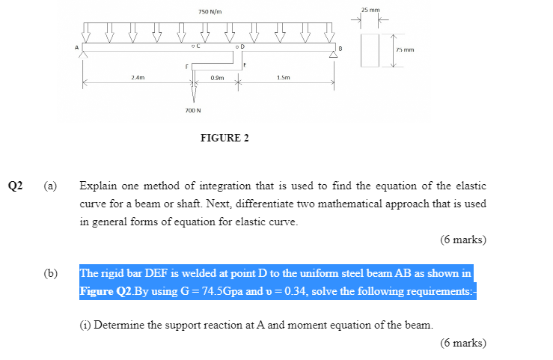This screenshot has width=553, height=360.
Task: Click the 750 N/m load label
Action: point(210,12)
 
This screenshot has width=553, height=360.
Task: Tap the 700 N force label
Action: point(193,110)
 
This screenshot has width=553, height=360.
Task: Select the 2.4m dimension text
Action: point(138,77)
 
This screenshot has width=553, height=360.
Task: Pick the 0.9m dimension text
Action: point(217,77)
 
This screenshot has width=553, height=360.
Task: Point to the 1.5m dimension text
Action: point(283,77)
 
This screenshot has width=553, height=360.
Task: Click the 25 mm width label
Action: point(370,10)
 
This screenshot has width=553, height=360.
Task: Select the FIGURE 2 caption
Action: point(224,138)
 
